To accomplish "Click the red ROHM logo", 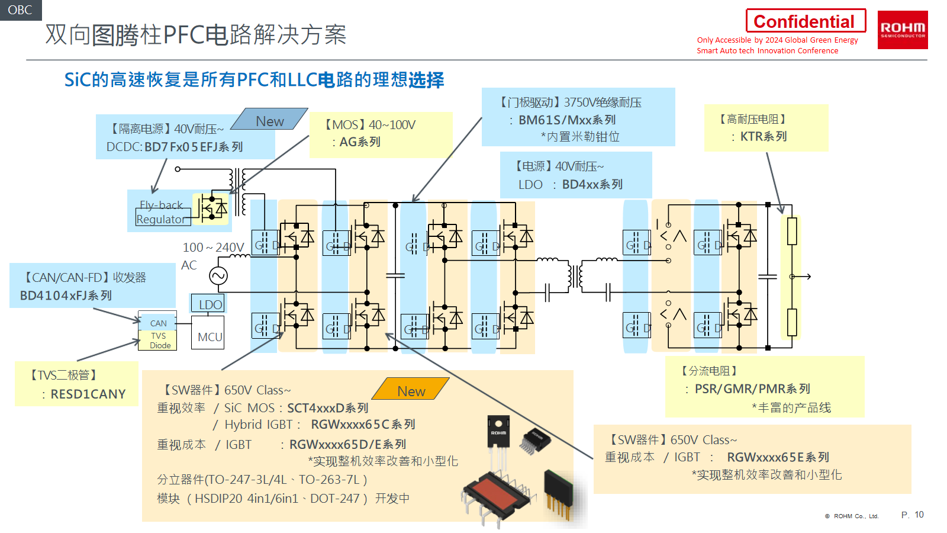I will click(x=902, y=30).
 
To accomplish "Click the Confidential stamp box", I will click(x=805, y=21).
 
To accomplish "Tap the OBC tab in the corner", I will click(x=20, y=10).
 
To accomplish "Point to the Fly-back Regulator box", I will click(x=160, y=212).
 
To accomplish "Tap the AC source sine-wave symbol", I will click(x=218, y=275).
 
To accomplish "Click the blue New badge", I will click(x=269, y=120).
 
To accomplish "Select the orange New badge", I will click(x=411, y=390).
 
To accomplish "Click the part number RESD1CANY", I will click(x=88, y=394).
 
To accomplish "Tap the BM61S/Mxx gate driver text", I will click(x=566, y=120).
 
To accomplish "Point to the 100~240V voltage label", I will click(x=213, y=248).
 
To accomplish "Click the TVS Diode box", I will click(x=159, y=341).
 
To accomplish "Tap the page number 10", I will click(x=919, y=515).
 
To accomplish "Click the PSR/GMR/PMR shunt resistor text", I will click(x=752, y=389).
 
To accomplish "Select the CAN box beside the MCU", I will click(x=158, y=323).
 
